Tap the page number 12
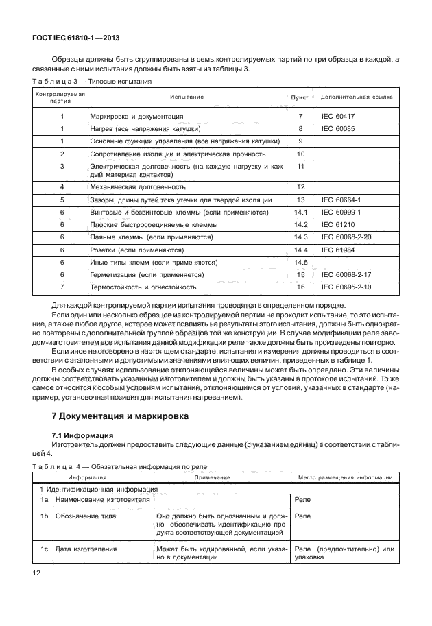pyautogui.click(x=37, y=573)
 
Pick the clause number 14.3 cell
pyautogui.click(x=300, y=237)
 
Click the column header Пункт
pyautogui.click(x=300, y=97)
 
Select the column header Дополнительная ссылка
pyautogui.click(x=357, y=97)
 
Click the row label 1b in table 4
pyautogui.click(x=43, y=514)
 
